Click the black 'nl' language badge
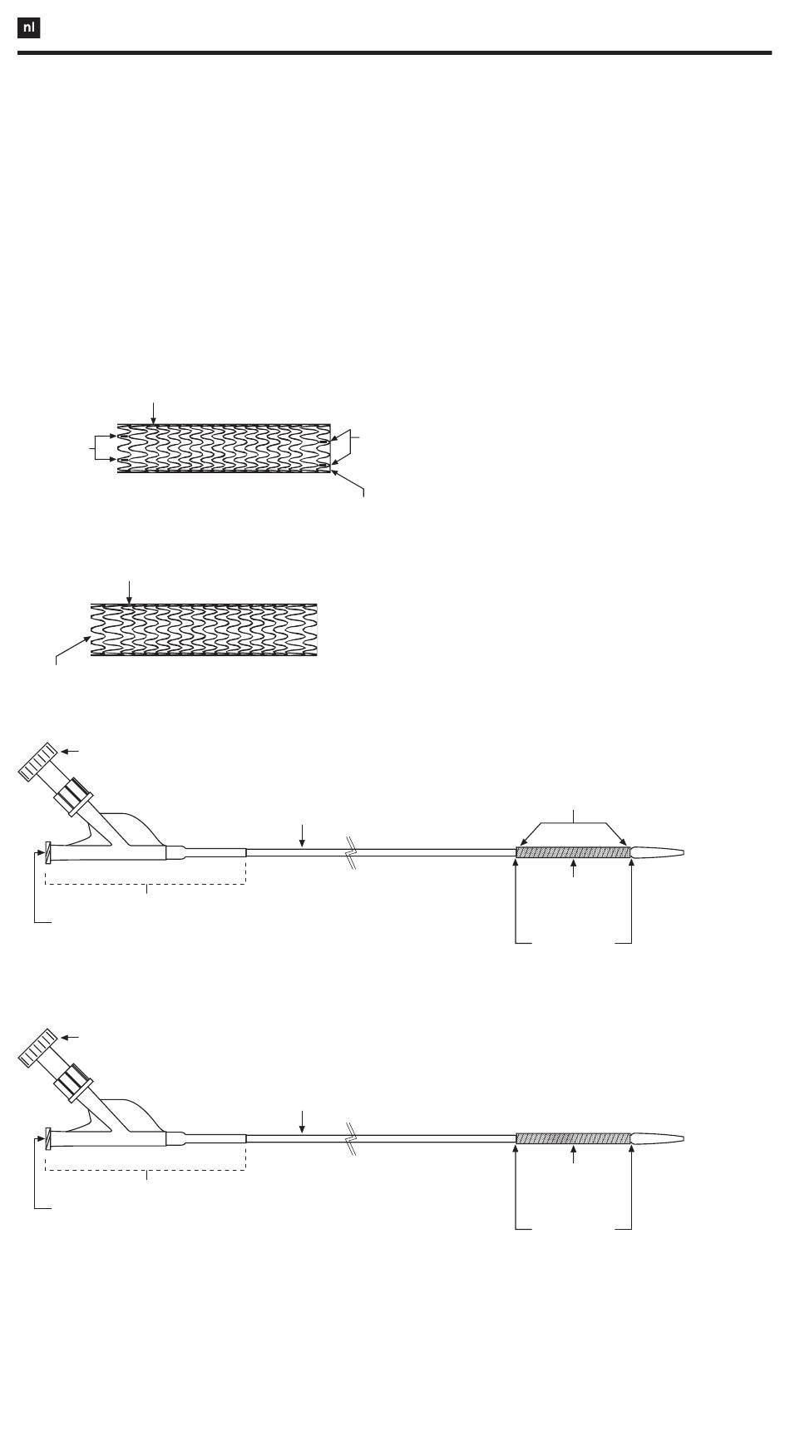click(29, 28)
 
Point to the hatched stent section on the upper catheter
click(573, 852)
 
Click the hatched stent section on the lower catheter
click(573, 1138)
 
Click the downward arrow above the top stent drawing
click(153, 412)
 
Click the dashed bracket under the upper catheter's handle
click(146, 884)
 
